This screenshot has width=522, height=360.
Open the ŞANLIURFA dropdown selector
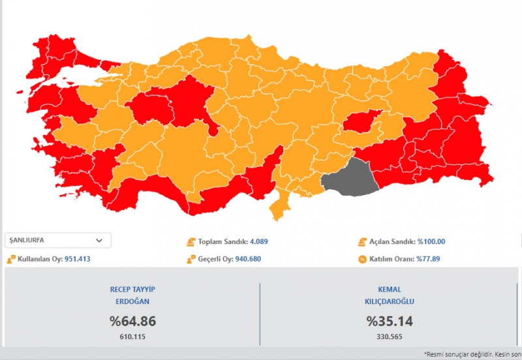[57, 240]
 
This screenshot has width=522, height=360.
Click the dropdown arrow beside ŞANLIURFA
[99, 240]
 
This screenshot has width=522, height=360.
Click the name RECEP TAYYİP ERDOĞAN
[132, 295]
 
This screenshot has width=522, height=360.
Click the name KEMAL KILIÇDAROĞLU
[390, 295]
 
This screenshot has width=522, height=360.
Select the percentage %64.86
[132, 321]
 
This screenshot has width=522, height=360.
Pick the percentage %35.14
[390, 321]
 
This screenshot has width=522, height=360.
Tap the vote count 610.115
[132, 336]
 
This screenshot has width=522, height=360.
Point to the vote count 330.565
[390, 336]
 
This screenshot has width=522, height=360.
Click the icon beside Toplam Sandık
[190, 241]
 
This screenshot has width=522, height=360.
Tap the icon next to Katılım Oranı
[362, 259]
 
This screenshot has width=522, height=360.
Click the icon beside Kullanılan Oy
[10, 259]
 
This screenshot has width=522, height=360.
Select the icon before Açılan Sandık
[362, 241]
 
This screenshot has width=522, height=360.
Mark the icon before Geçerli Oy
[190, 259]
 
